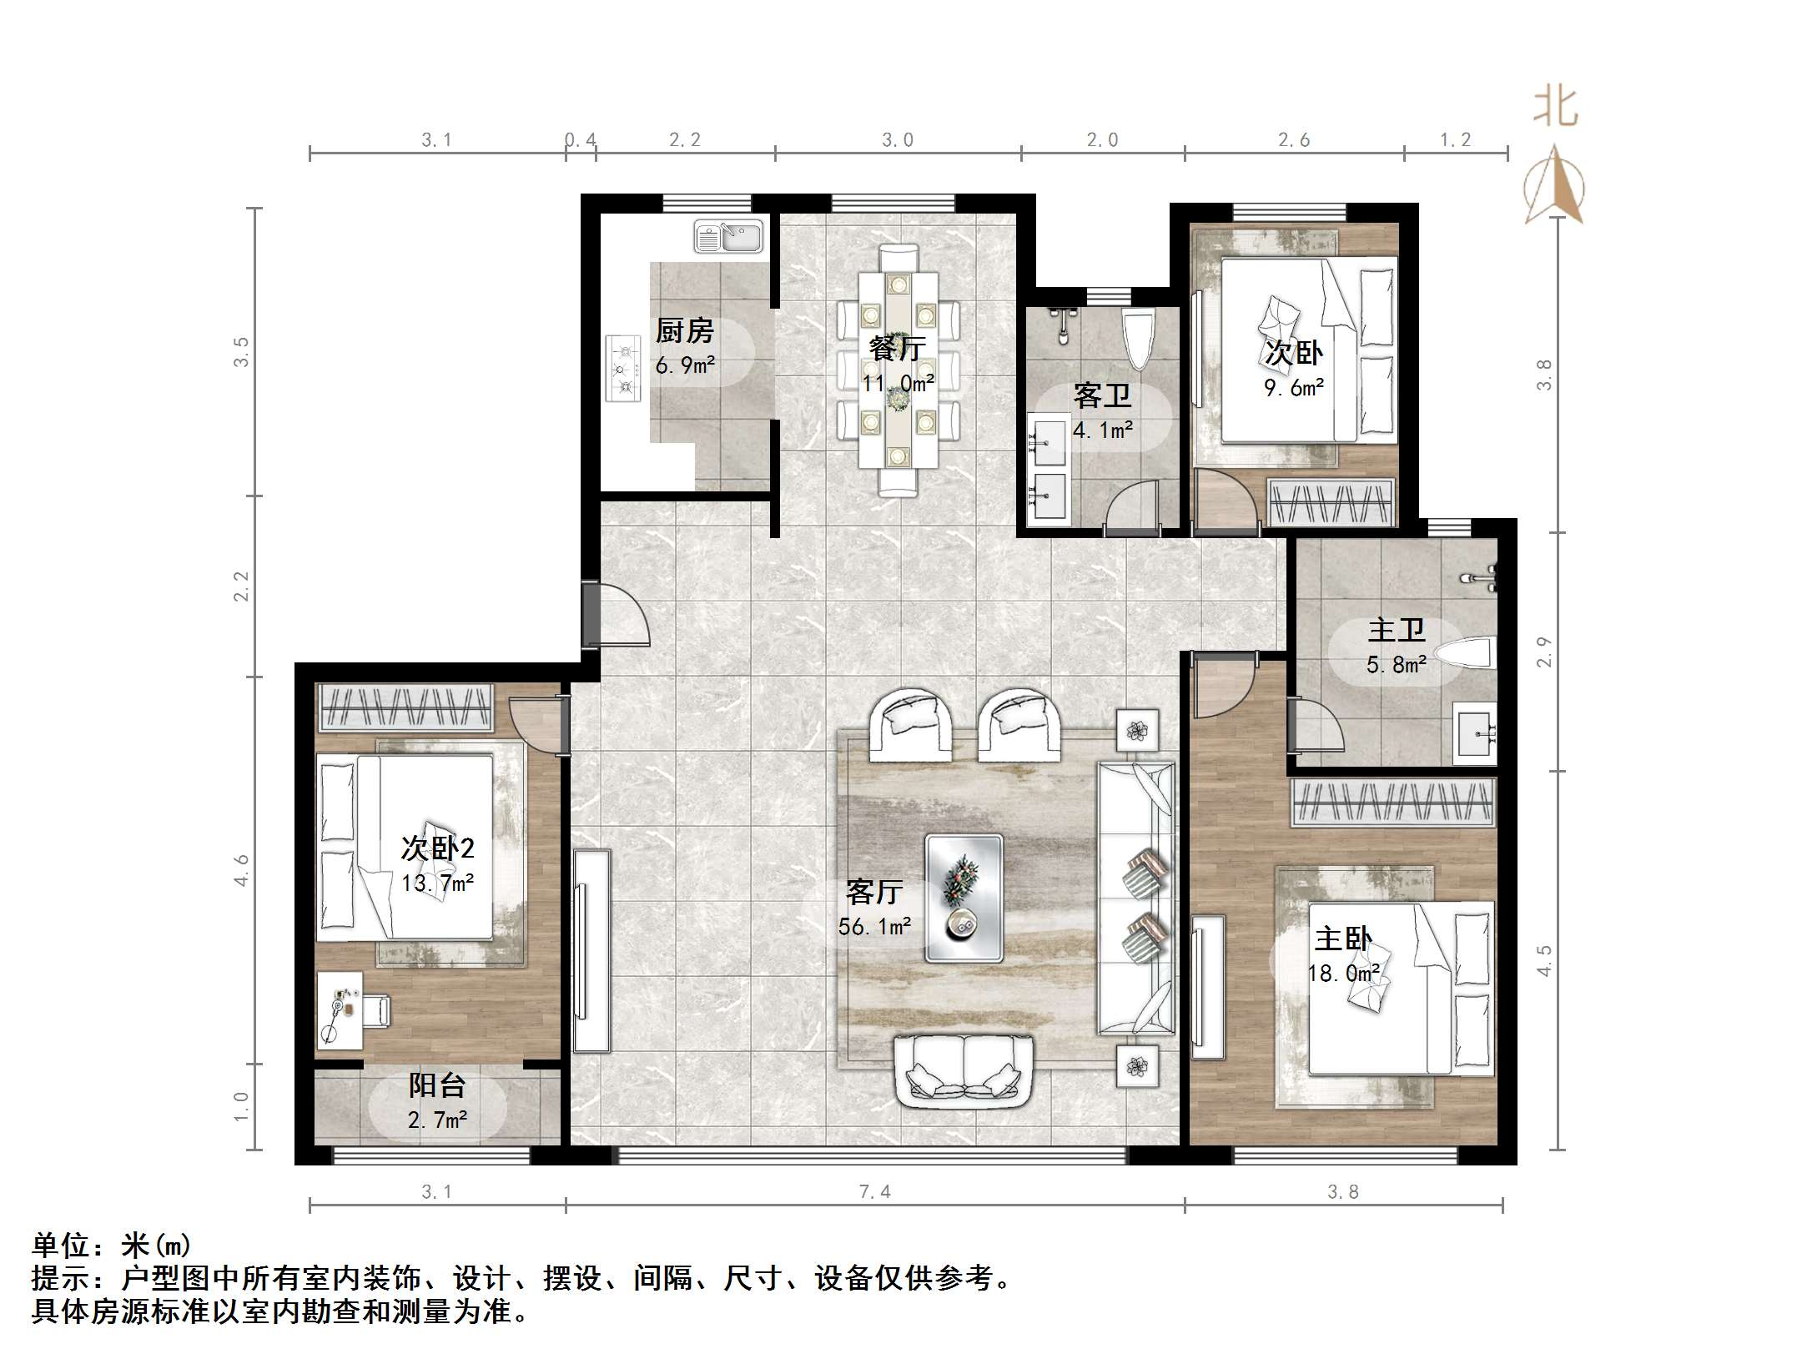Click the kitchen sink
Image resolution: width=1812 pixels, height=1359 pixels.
click(728, 236)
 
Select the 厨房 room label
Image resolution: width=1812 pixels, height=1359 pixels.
click(685, 331)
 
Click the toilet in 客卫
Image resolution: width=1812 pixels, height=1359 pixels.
click(1139, 339)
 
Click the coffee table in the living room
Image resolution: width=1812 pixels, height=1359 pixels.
click(964, 898)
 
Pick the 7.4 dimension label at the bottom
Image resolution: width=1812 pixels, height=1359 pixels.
click(874, 1192)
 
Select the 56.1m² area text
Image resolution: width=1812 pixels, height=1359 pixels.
click(874, 925)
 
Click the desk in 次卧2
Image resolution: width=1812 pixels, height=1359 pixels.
click(340, 1010)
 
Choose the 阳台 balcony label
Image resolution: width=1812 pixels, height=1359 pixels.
click(437, 1085)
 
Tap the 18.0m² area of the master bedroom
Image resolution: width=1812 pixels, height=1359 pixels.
click(1343, 973)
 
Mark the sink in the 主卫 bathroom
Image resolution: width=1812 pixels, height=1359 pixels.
click(1475, 733)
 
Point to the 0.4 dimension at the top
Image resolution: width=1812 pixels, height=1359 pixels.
click(581, 140)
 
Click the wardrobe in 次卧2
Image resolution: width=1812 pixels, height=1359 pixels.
click(406, 708)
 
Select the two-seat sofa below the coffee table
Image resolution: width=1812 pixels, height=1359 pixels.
click(964, 1072)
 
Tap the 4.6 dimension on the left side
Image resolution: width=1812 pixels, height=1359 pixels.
click(241, 870)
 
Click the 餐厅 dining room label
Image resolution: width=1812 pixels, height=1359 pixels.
click(898, 348)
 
